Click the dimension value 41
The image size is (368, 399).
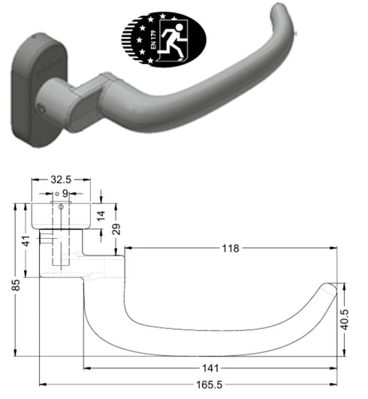(x=26, y=242)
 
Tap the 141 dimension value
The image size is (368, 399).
(x=212, y=368)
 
